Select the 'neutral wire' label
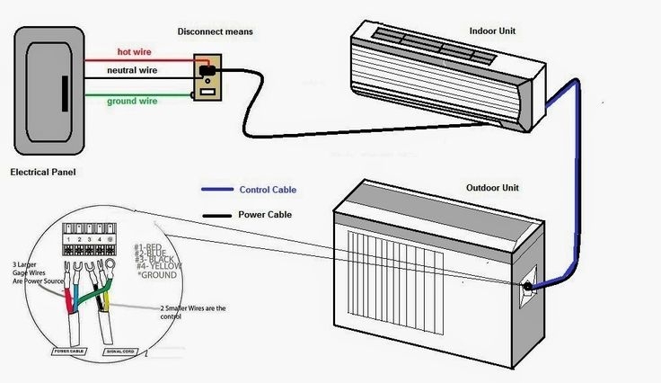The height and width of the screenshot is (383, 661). (x=132, y=70)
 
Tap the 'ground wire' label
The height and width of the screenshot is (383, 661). (x=133, y=102)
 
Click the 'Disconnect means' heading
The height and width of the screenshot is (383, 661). (x=215, y=31)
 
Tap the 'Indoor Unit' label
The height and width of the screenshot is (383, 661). (x=492, y=31)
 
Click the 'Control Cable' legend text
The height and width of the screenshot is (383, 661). (x=267, y=191)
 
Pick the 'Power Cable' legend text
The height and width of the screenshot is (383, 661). (x=266, y=215)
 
